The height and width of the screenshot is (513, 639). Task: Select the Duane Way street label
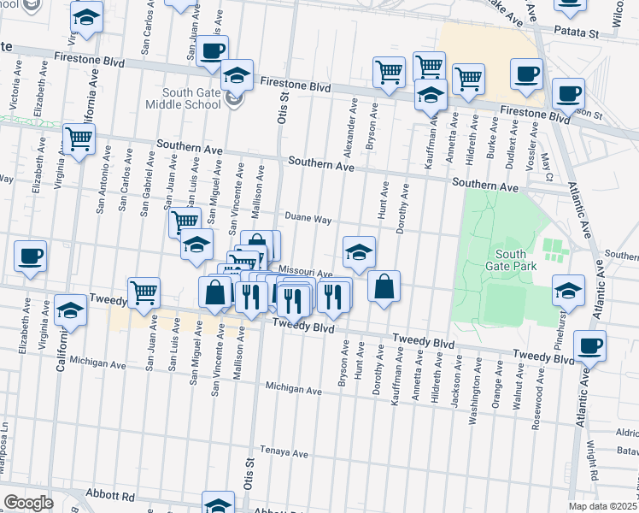(x=308, y=219)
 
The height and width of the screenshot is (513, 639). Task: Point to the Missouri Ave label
(x=305, y=272)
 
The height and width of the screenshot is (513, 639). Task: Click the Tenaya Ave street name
(x=284, y=454)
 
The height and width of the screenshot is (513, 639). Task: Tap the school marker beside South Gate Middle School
(x=237, y=75)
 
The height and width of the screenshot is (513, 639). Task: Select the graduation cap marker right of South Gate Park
(x=568, y=291)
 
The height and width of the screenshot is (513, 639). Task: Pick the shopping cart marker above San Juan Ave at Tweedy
(x=144, y=292)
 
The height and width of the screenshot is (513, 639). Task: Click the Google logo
(x=27, y=502)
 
